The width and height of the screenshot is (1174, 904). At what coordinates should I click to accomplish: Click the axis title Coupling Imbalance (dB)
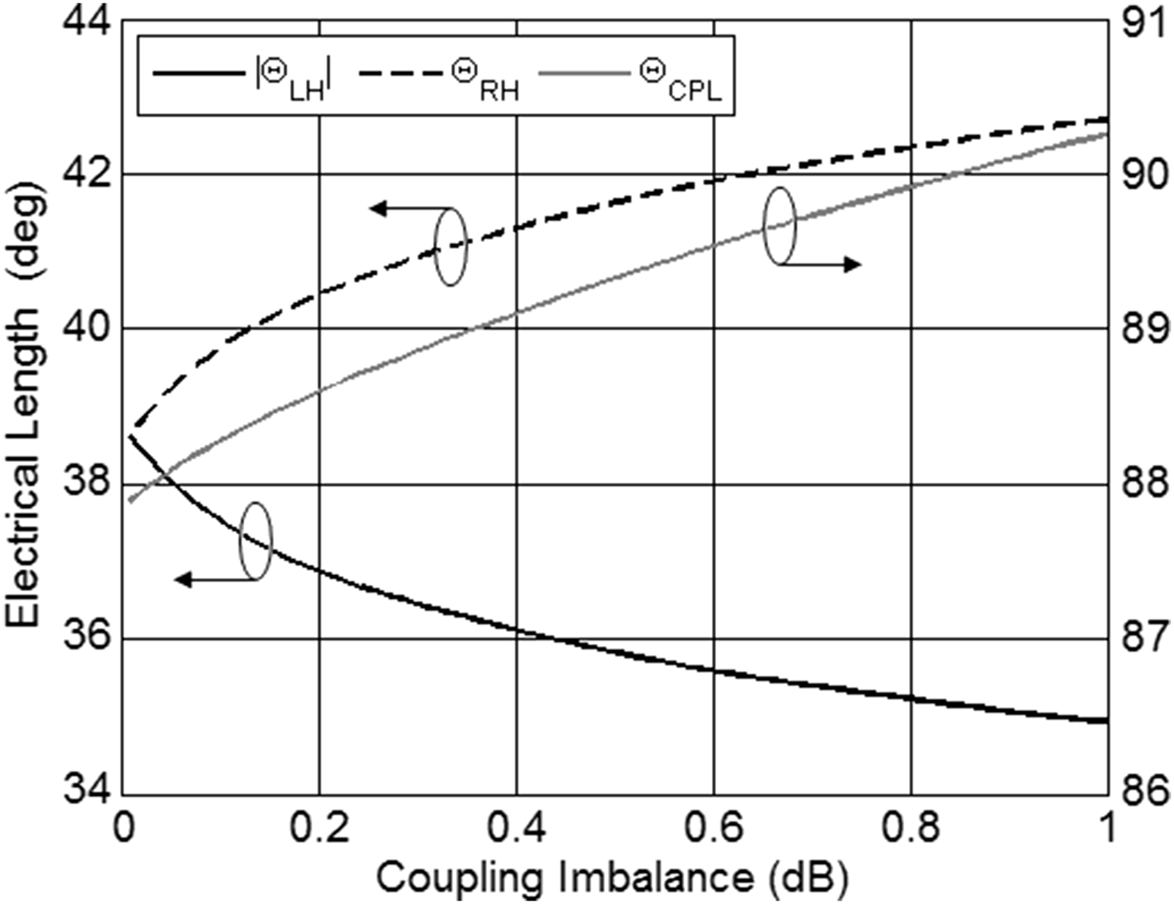coord(612,878)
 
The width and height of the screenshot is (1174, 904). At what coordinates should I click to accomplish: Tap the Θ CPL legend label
coord(679,77)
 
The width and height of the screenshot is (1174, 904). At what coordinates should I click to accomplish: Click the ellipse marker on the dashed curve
coord(451,247)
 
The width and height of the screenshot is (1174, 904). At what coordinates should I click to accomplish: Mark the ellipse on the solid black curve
coord(256,541)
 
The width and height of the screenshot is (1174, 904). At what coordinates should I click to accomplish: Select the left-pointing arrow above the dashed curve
coord(403,208)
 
